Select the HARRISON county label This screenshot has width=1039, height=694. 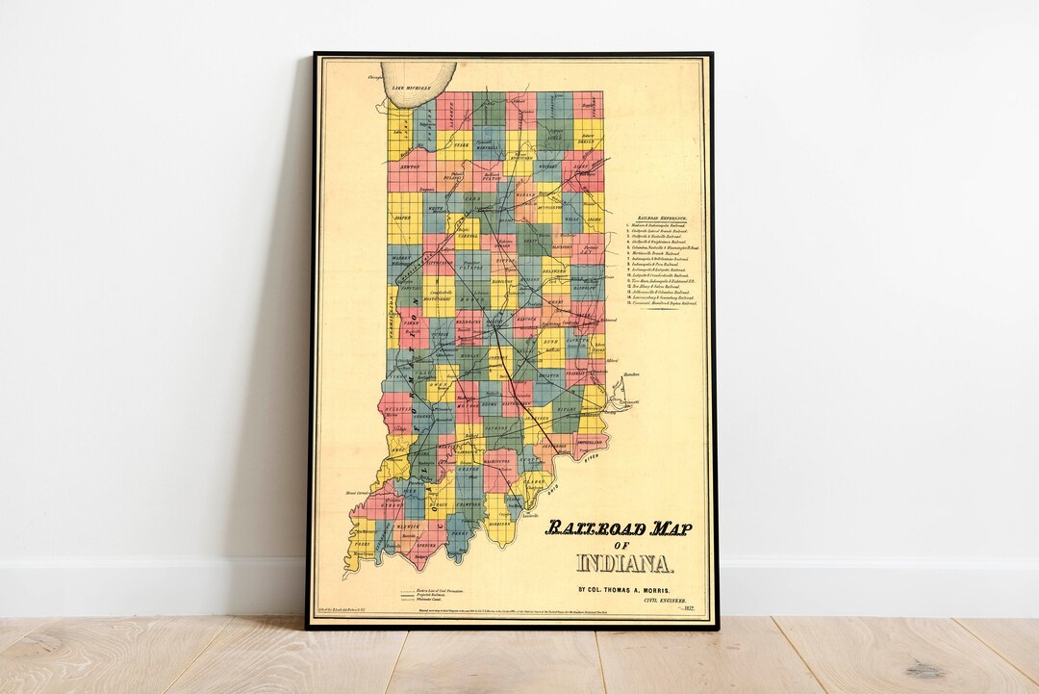[x=498, y=525]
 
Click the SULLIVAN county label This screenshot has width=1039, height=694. [x=398, y=410]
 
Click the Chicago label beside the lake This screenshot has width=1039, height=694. [x=363, y=77]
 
